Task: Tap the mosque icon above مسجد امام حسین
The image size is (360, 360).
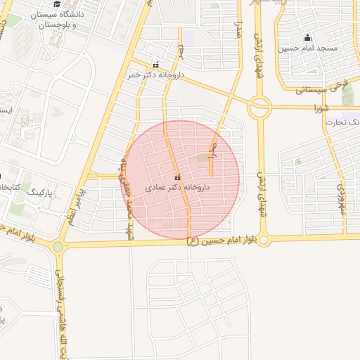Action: click(x=307, y=38)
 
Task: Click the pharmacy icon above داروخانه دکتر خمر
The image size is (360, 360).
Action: click(x=155, y=65)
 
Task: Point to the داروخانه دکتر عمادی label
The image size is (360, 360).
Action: click(x=177, y=188)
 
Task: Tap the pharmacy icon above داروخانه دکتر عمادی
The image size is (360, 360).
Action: click(x=176, y=176)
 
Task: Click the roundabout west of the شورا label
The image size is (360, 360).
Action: click(x=259, y=108)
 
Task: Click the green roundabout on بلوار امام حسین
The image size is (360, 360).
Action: click(x=58, y=247)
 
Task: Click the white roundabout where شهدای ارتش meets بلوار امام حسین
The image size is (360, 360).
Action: click(x=263, y=240)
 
